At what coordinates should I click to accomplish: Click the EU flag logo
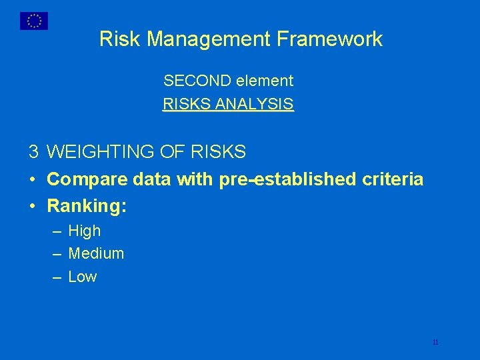coord(33,21)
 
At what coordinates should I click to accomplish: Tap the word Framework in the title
coord(340,39)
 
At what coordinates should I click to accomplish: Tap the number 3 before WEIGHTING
coord(33,153)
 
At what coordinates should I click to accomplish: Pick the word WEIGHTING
coord(101,153)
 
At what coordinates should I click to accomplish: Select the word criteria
coord(393,179)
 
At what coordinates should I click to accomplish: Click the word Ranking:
coord(87,207)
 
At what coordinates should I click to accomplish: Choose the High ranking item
coord(85,231)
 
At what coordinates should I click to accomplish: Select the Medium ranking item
coord(96,254)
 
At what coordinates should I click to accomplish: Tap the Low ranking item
coord(83,277)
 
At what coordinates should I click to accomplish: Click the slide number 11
coord(435,343)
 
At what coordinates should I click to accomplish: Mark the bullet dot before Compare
coord(33,180)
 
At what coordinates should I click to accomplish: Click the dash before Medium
coord(57,254)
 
